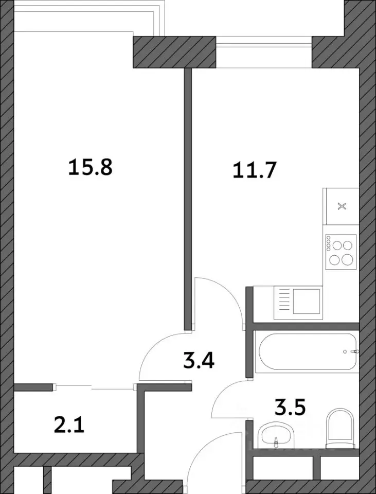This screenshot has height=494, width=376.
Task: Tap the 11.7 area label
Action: [255, 171]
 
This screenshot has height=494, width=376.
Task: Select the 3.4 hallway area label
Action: [199, 361]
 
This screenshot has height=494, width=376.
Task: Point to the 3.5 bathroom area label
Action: [290, 408]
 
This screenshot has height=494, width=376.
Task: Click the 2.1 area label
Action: [69, 425]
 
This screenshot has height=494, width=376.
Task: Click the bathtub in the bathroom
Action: [308, 351]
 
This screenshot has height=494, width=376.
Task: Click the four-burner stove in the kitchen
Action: [341, 252]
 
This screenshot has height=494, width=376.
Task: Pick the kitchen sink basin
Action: [307, 301]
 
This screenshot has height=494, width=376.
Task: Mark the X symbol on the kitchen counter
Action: [342, 207]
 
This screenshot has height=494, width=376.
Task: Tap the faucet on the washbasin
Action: [276, 442]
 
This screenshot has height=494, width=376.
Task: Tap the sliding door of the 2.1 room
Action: [95, 387]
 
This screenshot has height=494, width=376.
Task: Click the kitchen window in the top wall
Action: [264, 52]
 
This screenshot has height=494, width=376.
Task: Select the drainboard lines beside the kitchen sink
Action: [284, 301]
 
